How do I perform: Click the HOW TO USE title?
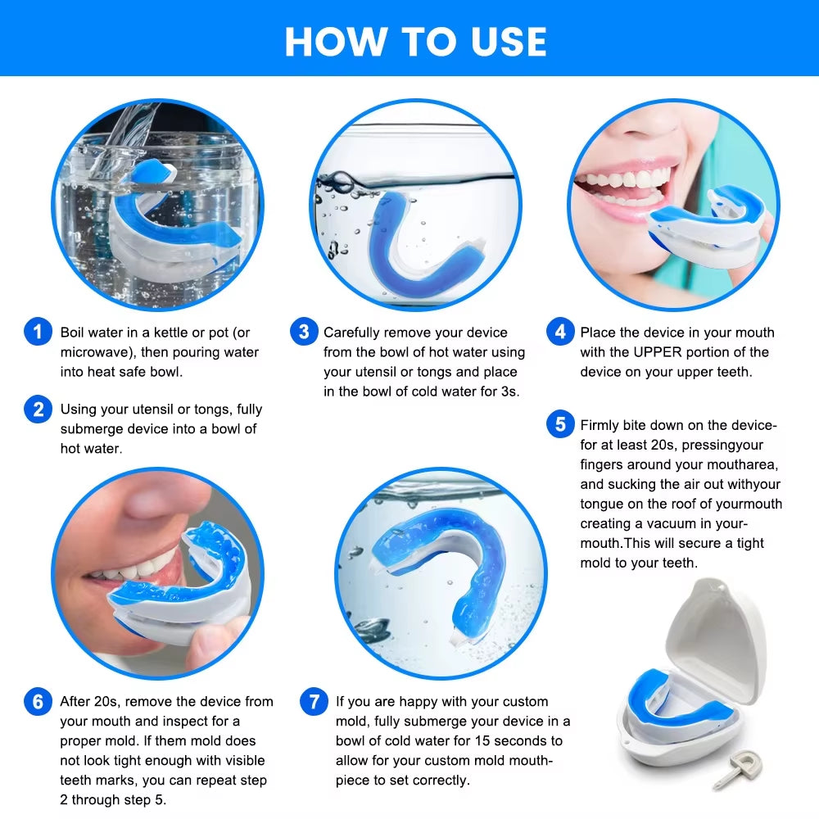pos(415,41)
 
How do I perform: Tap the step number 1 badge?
pos(38,333)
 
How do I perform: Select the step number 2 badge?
pos(38,409)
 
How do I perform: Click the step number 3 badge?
pos(304,333)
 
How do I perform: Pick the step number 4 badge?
pos(560,333)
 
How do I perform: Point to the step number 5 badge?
pos(560,424)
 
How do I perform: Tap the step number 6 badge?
pos(38,702)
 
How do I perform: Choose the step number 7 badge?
pos(314,702)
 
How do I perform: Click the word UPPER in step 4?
pos(655,352)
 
